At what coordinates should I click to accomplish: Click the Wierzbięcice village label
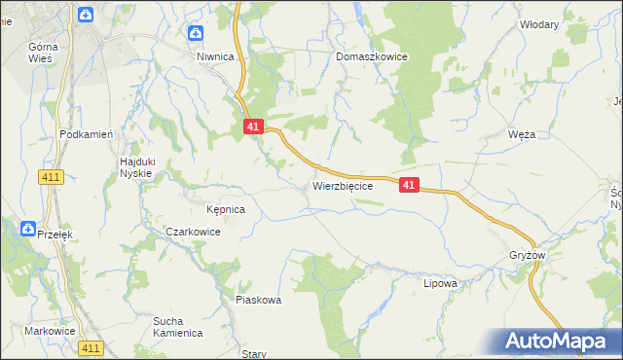[x=342, y=185]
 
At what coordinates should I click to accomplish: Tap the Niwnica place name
[x=216, y=57]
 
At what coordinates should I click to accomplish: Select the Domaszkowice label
[x=372, y=57]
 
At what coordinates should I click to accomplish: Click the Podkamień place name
[x=88, y=135]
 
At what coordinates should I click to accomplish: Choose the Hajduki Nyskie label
[x=136, y=166]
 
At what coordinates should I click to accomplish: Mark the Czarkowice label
[x=193, y=233]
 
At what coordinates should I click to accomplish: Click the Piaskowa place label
[x=258, y=300]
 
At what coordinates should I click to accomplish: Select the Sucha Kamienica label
[x=177, y=326]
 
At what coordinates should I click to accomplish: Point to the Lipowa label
[x=440, y=284]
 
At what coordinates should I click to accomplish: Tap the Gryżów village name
[x=528, y=256]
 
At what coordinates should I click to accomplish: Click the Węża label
[x=522, y=135]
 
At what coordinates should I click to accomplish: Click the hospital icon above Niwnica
[x=196, y=34]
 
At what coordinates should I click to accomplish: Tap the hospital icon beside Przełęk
[x=28, y=229]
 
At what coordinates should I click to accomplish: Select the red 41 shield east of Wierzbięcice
[x=409, y=185]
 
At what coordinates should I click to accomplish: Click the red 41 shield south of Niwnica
[x=253, y=126]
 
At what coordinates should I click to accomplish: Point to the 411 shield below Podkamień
[x=53, y=176]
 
